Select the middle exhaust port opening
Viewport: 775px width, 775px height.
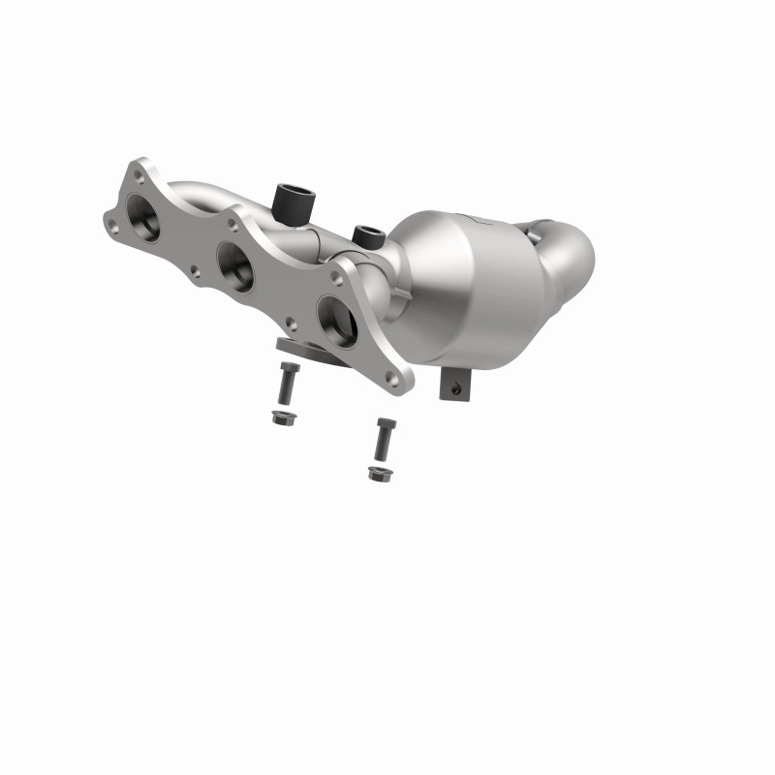pos(235,263)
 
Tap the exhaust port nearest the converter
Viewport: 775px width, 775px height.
pos(336,319)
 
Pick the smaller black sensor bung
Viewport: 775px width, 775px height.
pos(367,235)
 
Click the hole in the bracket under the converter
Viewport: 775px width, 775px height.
pos(452,387)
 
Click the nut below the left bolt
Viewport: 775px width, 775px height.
pos(282,418)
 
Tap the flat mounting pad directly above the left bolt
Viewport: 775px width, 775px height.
pos(295,346)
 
